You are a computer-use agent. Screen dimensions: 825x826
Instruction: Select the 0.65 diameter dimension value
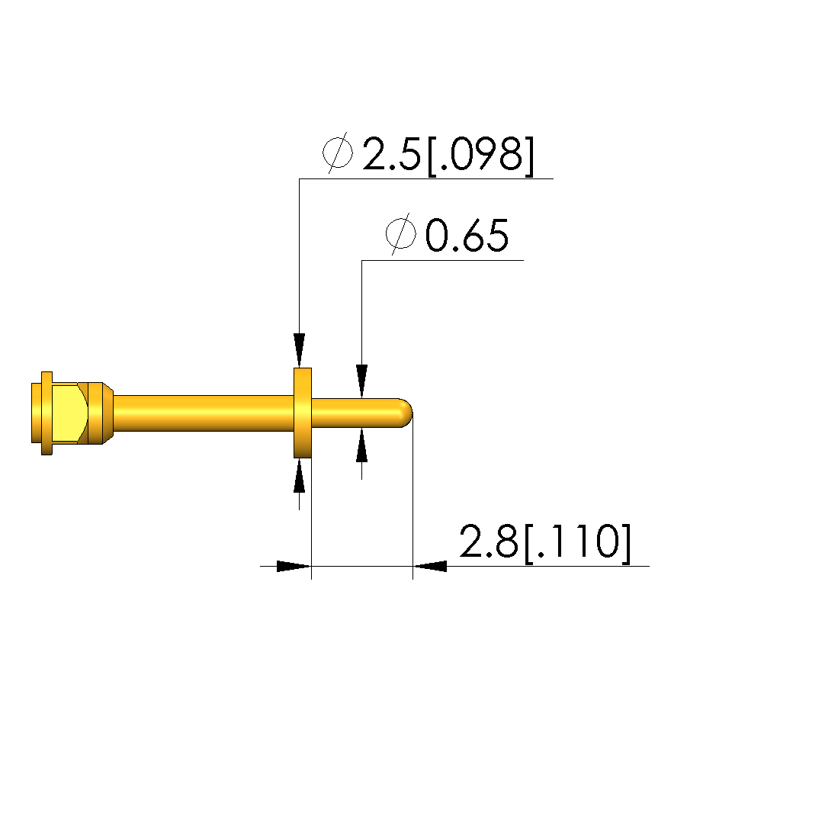click(467, 235)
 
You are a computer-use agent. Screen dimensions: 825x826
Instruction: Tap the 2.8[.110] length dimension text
click(545, 542)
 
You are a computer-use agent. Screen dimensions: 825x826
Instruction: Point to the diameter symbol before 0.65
click(400, 234)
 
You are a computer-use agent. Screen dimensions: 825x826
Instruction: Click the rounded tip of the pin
click(407, 413)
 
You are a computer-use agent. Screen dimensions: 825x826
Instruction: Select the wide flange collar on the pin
click(303, 413)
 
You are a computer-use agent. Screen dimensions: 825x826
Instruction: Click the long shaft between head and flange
click(204, 413)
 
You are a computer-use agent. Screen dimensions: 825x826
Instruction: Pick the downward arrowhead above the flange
click(299, 350)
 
